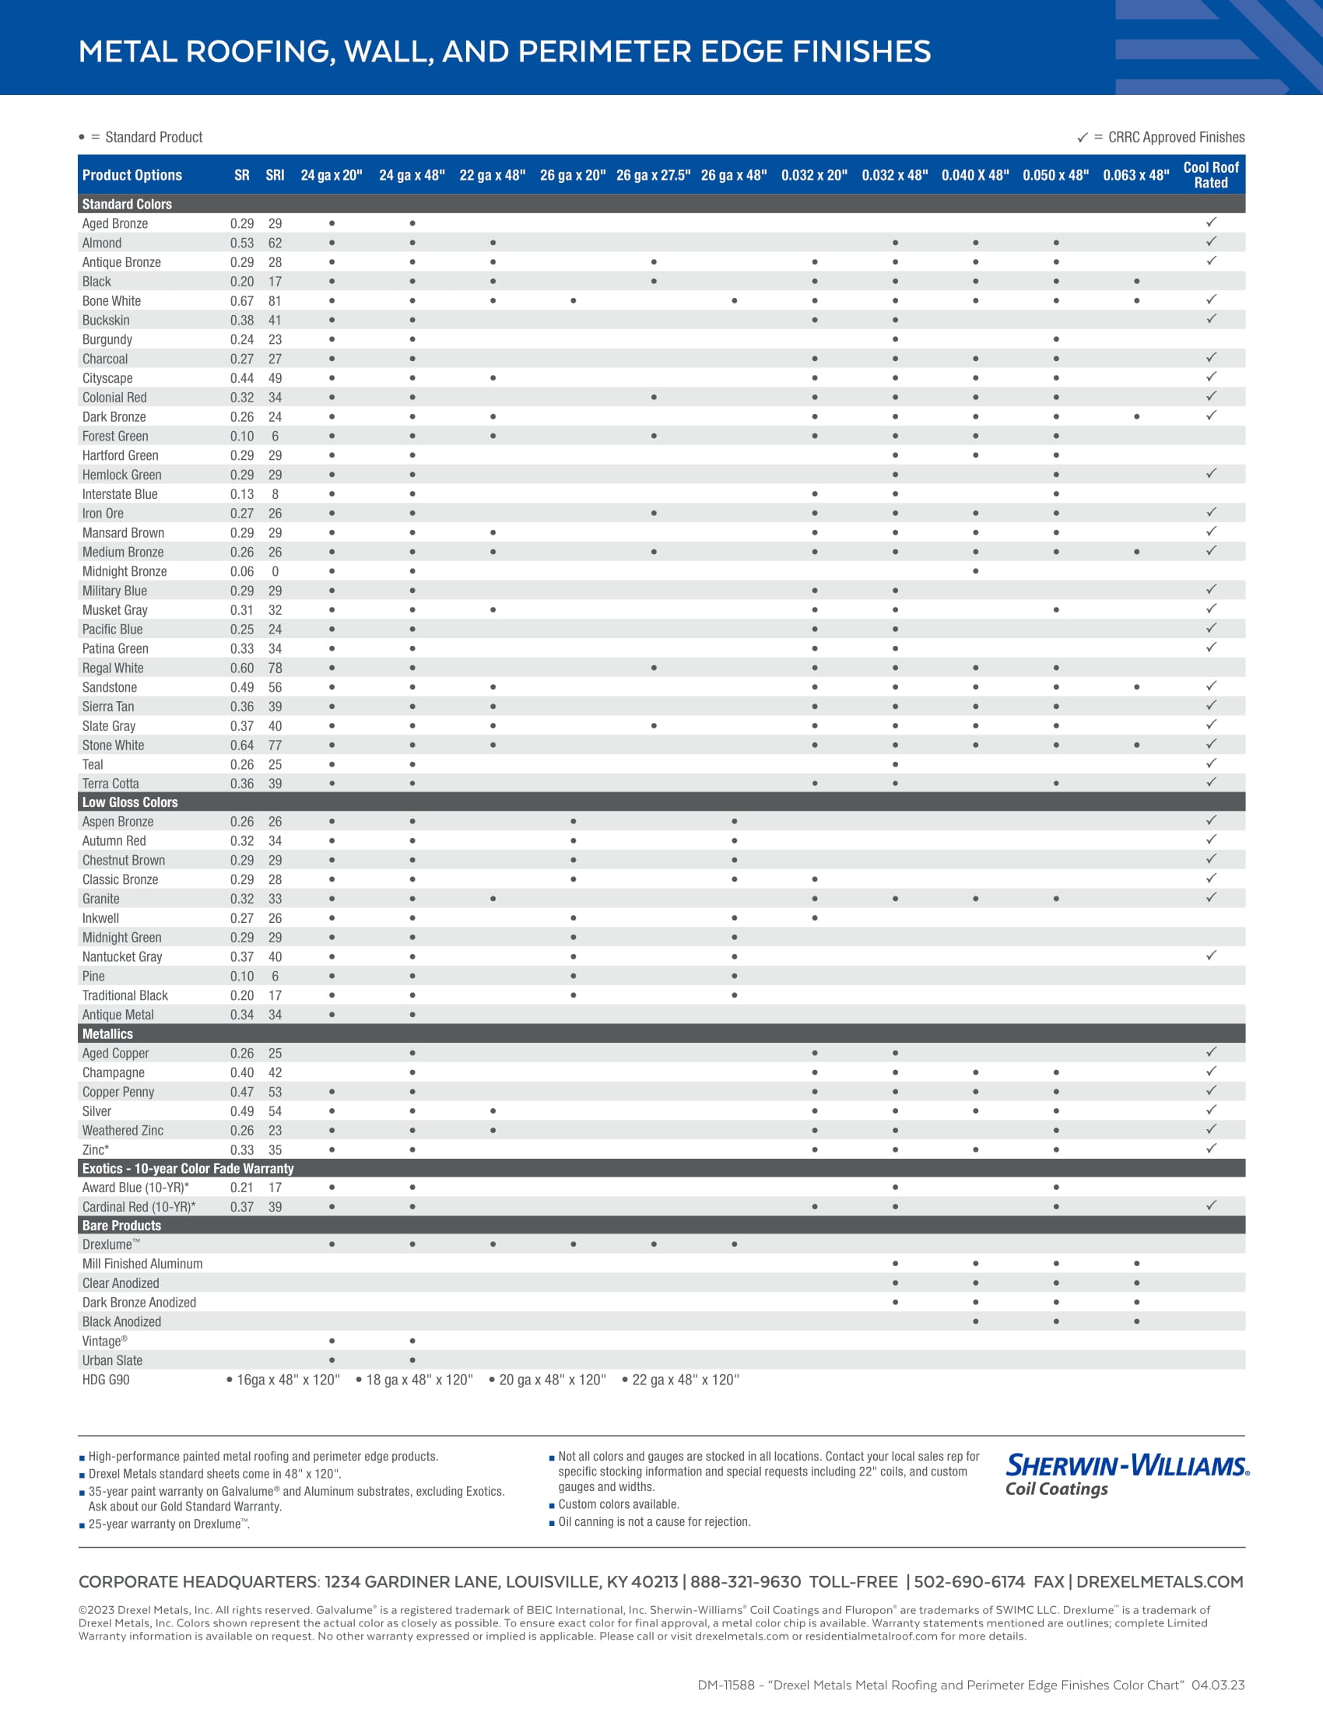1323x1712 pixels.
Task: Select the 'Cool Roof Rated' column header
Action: tap(1210, 175)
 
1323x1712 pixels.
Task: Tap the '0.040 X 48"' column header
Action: tap(975, 175)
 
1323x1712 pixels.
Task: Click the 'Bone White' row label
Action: tap(111, 301)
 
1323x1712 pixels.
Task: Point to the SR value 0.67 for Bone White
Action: tap(241, 301)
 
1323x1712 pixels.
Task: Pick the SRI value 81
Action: tap(275, 301)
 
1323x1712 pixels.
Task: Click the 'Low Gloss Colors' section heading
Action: tap(130, 802)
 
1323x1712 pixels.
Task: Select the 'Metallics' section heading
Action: tap(107, 1034)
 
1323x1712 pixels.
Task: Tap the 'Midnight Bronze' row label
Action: tap(125, 571)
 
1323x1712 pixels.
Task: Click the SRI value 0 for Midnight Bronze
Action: tap(275, 571)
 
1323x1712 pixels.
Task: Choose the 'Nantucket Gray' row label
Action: tap(122, 956)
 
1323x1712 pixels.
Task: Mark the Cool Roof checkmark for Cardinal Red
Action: tap(1211, 1205)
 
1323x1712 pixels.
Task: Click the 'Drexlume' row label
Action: tap(111, 1244)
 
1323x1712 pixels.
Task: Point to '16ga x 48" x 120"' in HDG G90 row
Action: tap(288, 1380)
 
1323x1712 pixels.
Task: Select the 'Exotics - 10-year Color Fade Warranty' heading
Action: tap(188, 1168)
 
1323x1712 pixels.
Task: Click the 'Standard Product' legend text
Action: tap(153, 137)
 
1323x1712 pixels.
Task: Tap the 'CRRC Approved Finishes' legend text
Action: tap(1176, 137)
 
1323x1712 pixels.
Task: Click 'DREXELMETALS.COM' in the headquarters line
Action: tap(1160, 1582)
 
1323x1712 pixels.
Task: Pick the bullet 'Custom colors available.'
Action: tap(619, 1504)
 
